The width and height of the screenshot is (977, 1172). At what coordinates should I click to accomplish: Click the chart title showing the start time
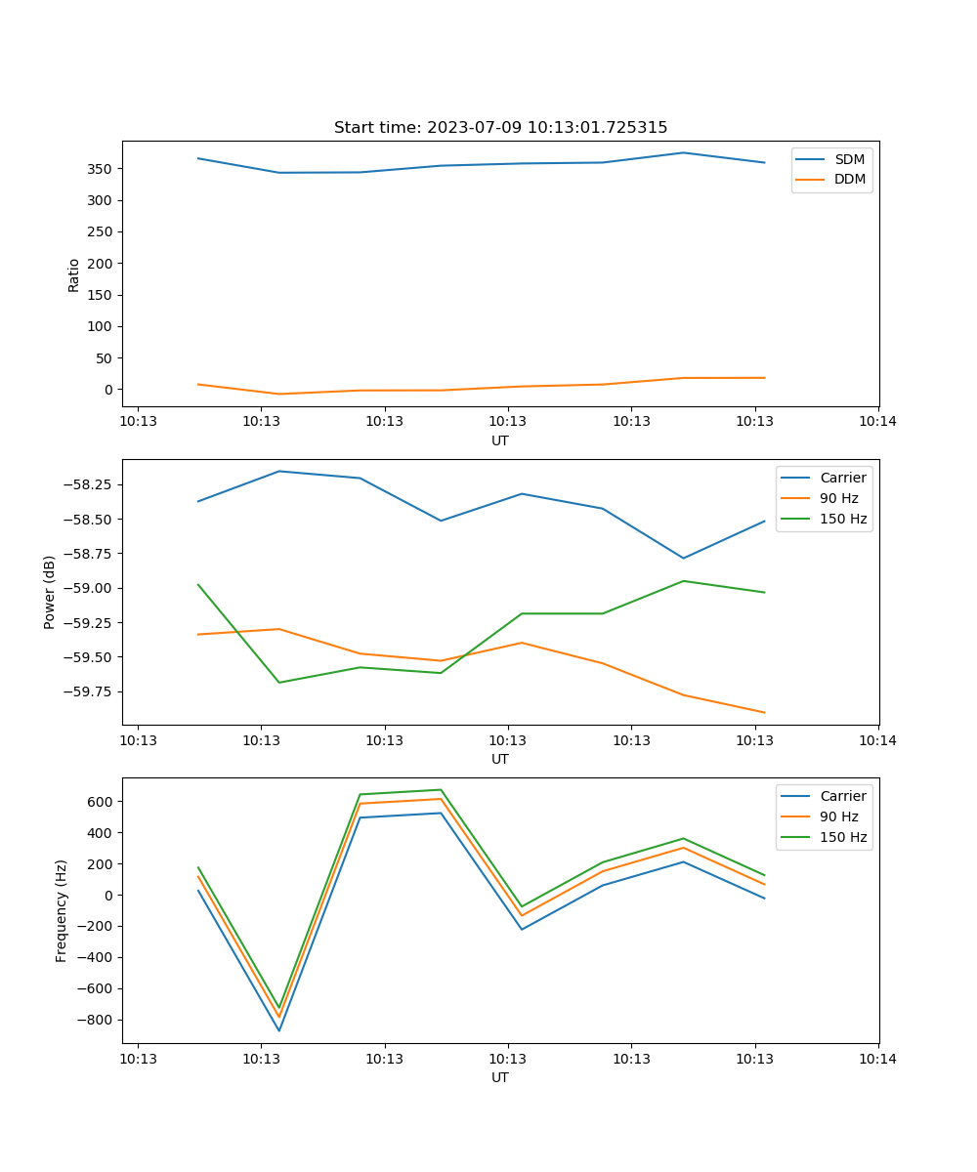[x=500, y=128]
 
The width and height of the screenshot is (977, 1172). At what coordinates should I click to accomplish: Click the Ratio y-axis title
[x=74, y=274]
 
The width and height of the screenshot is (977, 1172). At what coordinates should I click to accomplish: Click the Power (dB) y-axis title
[x=50, y=592]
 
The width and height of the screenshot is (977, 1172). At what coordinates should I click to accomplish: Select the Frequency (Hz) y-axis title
[x=62, y=910]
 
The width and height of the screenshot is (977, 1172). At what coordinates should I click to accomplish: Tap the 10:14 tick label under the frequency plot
[x=877, y=1059]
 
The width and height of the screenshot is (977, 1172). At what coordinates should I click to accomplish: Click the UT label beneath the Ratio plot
[x=500, y=440]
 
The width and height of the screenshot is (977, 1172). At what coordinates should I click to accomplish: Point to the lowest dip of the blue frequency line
[x=279, y=1030]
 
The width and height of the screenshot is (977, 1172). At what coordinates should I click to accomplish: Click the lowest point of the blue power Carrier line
[x=683, y=559]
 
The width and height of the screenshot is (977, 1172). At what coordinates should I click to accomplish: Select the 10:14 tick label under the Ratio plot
[x=877, y=422]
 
